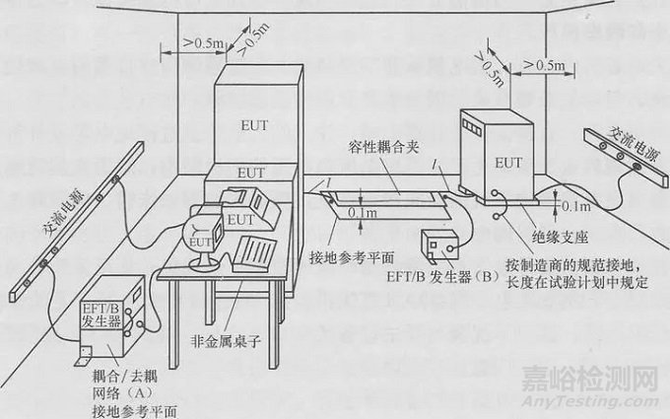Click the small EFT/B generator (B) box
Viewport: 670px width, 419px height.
click(439, 245)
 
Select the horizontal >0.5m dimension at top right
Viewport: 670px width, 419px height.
click(543, 65)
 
